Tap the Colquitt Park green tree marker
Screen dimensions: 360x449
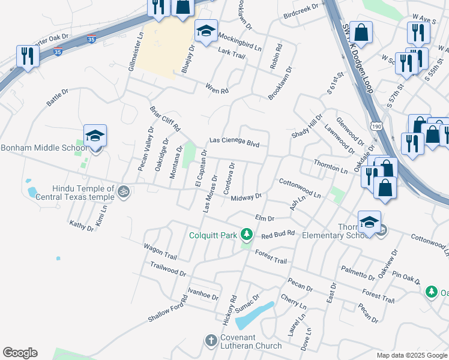(246, 233)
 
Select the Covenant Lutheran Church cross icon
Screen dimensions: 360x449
(211, 340)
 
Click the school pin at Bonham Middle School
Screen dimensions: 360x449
(95, 136)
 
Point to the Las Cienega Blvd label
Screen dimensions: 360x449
(234, 142)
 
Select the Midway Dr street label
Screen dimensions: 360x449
(247, 197)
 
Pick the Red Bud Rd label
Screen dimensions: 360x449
(278, 233)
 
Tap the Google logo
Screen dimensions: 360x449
(20, 353)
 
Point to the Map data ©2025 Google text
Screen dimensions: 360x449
(412, 355)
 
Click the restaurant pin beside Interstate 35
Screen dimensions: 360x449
(28, 56)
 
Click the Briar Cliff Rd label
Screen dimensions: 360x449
(165, 119)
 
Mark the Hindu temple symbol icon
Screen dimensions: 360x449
(124, 192)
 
